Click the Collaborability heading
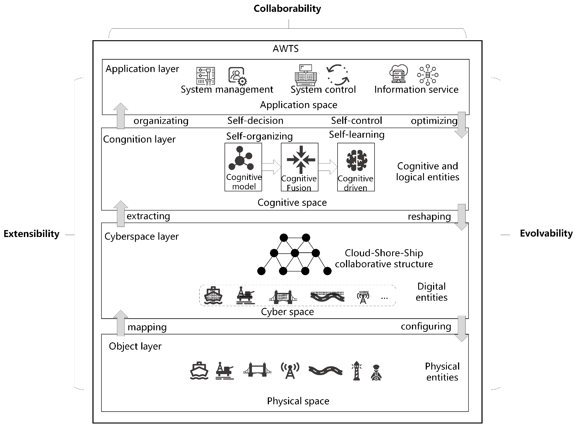pyautogui.click(x=287, y=8)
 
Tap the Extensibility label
pyautogui.click(x=31, y=234)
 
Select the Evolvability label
pyautogui.click(x=546, y=233)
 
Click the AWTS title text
pyautogui.click(x=286, y=49)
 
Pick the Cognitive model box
pyautogui.click(x=243, y=167)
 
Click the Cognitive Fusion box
pyautogui.click(x=299, y=167)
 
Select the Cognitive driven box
pyautogui.click(x=356, y=167)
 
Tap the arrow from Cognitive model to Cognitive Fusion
pyautogui.click(x=271, y=167)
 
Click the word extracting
pyautogui.click(x=148, y=216)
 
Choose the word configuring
pyautogui.click(x=426, y=326)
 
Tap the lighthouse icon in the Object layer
pyautogui.click(x=356, y=371)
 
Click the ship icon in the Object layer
pyautogui.click(x=199, y=371)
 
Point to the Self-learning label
pyautogui.click(x=356, y=135)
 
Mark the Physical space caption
pyautogui.click(x=298, y=401)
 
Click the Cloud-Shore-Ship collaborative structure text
pyautogui.click(x=384, y=258)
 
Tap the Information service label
pyautogui.click(x=416, y=89)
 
